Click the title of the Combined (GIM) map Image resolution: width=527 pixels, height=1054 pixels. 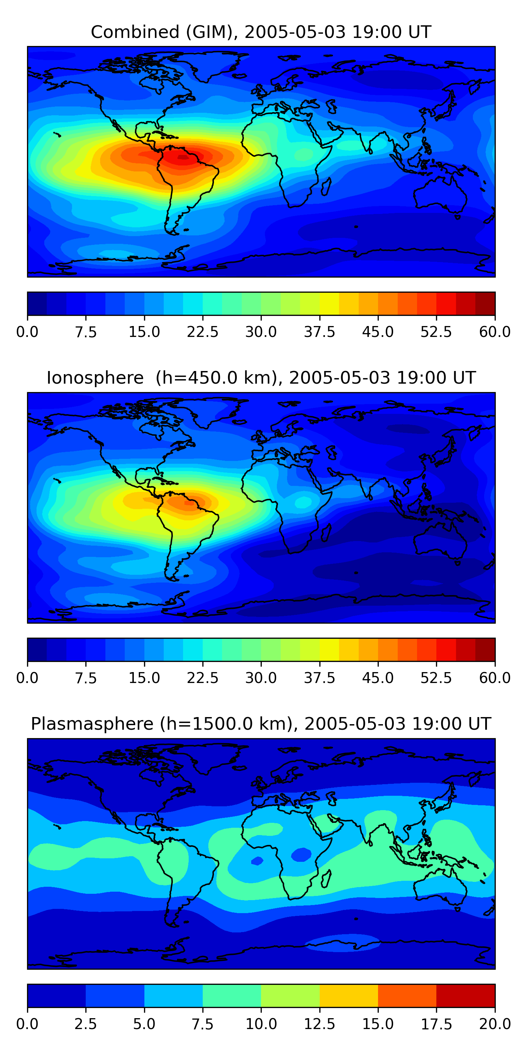(261, 32)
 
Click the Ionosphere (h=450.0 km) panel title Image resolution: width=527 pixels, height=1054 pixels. (261, 378)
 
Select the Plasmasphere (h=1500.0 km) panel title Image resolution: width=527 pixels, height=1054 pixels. (261, 724)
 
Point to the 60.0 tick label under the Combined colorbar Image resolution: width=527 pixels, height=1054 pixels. (495, 332)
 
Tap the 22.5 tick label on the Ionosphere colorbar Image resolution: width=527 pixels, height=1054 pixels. (202, 678)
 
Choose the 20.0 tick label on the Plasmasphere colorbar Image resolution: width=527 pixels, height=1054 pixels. (495, 1024)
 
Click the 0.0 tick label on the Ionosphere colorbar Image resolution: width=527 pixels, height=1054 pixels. (27, 678)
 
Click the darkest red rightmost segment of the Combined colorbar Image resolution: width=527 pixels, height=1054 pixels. (485, 304)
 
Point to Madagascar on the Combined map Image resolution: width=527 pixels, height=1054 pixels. (326, 187)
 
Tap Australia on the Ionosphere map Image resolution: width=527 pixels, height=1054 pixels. (440, 540)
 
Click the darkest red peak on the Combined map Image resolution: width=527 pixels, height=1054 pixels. (183, 156)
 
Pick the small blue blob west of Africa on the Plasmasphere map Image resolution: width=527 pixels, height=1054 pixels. (257, 861)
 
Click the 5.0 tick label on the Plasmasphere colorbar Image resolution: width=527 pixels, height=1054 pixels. (144, 1024)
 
